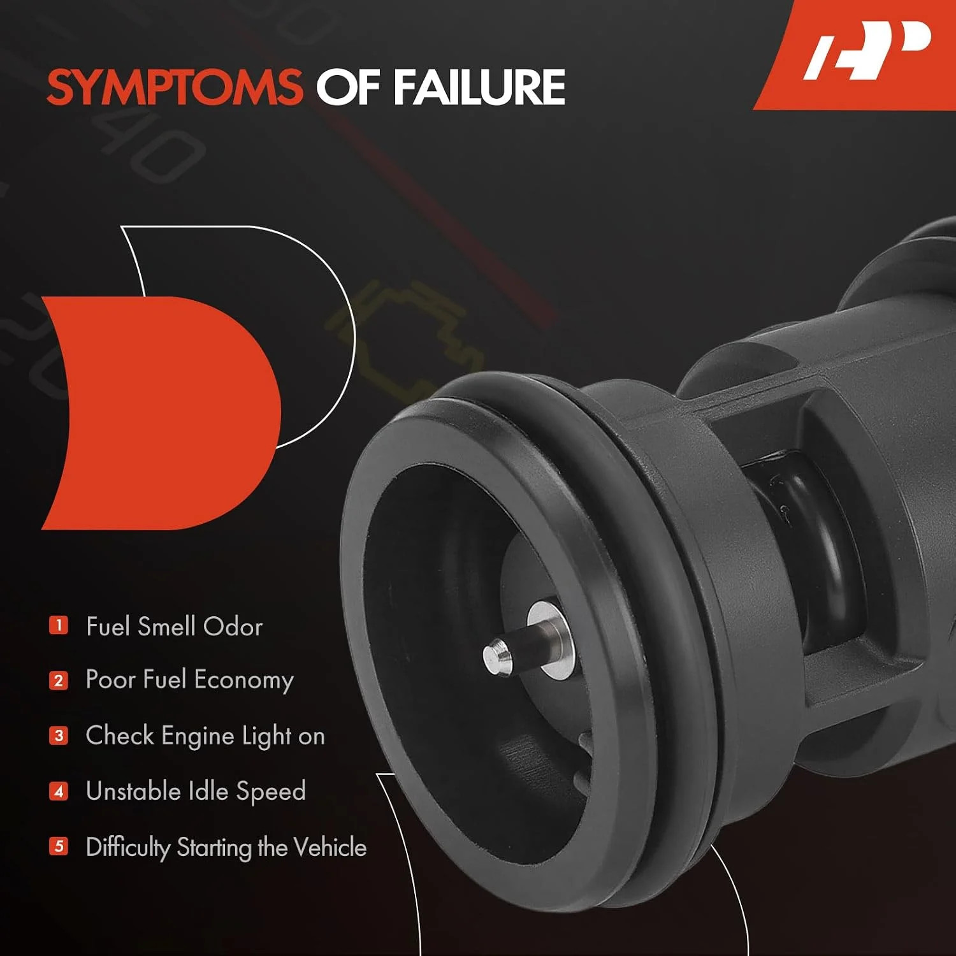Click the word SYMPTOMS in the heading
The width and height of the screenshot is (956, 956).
[175, 87]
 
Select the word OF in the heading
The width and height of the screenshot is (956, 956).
[348, 87]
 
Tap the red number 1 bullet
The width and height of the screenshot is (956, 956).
[59, 625]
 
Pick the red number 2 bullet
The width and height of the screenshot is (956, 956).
[59, 681]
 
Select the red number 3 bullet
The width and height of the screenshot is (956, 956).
[59, 736]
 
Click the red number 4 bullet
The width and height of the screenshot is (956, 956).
[59, 792]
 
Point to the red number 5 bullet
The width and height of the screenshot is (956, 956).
[59, 846]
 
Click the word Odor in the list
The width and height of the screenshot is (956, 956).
[233, 626]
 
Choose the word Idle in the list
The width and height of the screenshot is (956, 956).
[208, 791]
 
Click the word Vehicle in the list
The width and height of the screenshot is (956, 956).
[331, 847]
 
